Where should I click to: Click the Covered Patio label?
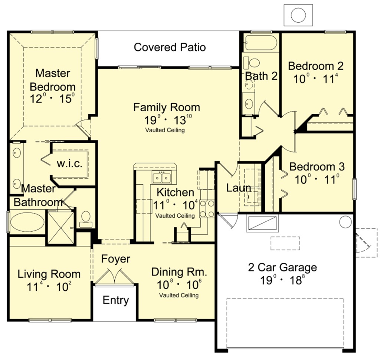[170, 47]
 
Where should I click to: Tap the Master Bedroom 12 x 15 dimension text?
[52, 99]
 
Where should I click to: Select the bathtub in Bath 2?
[261, 43]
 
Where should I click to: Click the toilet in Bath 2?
[252, 62]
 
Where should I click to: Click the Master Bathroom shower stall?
[60, 228]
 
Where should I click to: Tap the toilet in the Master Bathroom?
[86, 219]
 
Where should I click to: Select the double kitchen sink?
[162, 178]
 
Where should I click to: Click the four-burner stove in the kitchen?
[207, 209]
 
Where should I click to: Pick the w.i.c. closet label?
[69, 164]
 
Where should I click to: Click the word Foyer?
[116, 259]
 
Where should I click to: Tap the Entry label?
[116, 300]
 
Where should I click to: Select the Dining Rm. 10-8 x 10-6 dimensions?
[179, 284]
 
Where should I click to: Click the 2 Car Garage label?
[282, 268]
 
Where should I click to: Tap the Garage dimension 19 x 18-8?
[282, 280]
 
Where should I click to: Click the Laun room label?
[239, 188]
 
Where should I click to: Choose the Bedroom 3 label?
[317, 167]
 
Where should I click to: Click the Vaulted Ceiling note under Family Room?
[165, 130]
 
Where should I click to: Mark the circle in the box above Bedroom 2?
[298, 15]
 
